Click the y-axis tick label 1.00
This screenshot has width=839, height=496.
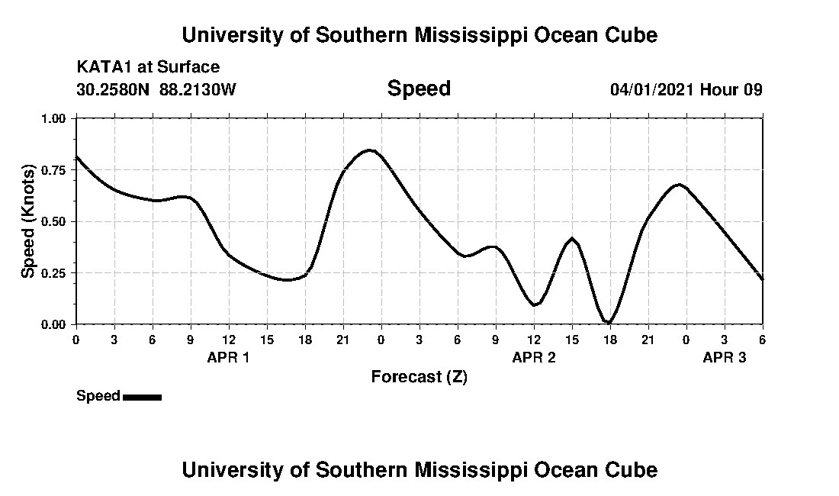(56, 118)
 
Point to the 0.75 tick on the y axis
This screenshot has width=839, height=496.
(56, 170)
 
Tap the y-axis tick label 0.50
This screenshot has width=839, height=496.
(56, 221)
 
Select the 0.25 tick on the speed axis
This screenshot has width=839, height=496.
(56, 273)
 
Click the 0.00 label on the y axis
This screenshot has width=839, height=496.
(56, 324)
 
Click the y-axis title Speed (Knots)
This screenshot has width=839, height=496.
(27, 221)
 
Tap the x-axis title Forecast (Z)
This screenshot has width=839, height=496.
(419, 376)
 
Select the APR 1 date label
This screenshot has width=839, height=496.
(228, 357)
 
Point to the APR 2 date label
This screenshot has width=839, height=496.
(533, 357)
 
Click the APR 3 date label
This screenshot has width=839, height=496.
(724, 357)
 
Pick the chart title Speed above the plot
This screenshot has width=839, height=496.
(419, 89)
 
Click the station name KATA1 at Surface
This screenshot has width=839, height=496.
(148, 67)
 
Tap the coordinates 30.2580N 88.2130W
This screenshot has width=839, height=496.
(156, 89)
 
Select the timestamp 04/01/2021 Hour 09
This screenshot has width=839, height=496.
(686, 89)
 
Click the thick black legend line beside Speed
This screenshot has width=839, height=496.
(142, 397)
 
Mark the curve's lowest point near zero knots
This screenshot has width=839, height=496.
(608, 322)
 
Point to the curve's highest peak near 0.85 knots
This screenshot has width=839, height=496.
(370, 150)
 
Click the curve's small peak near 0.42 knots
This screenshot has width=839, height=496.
(572, 239)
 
